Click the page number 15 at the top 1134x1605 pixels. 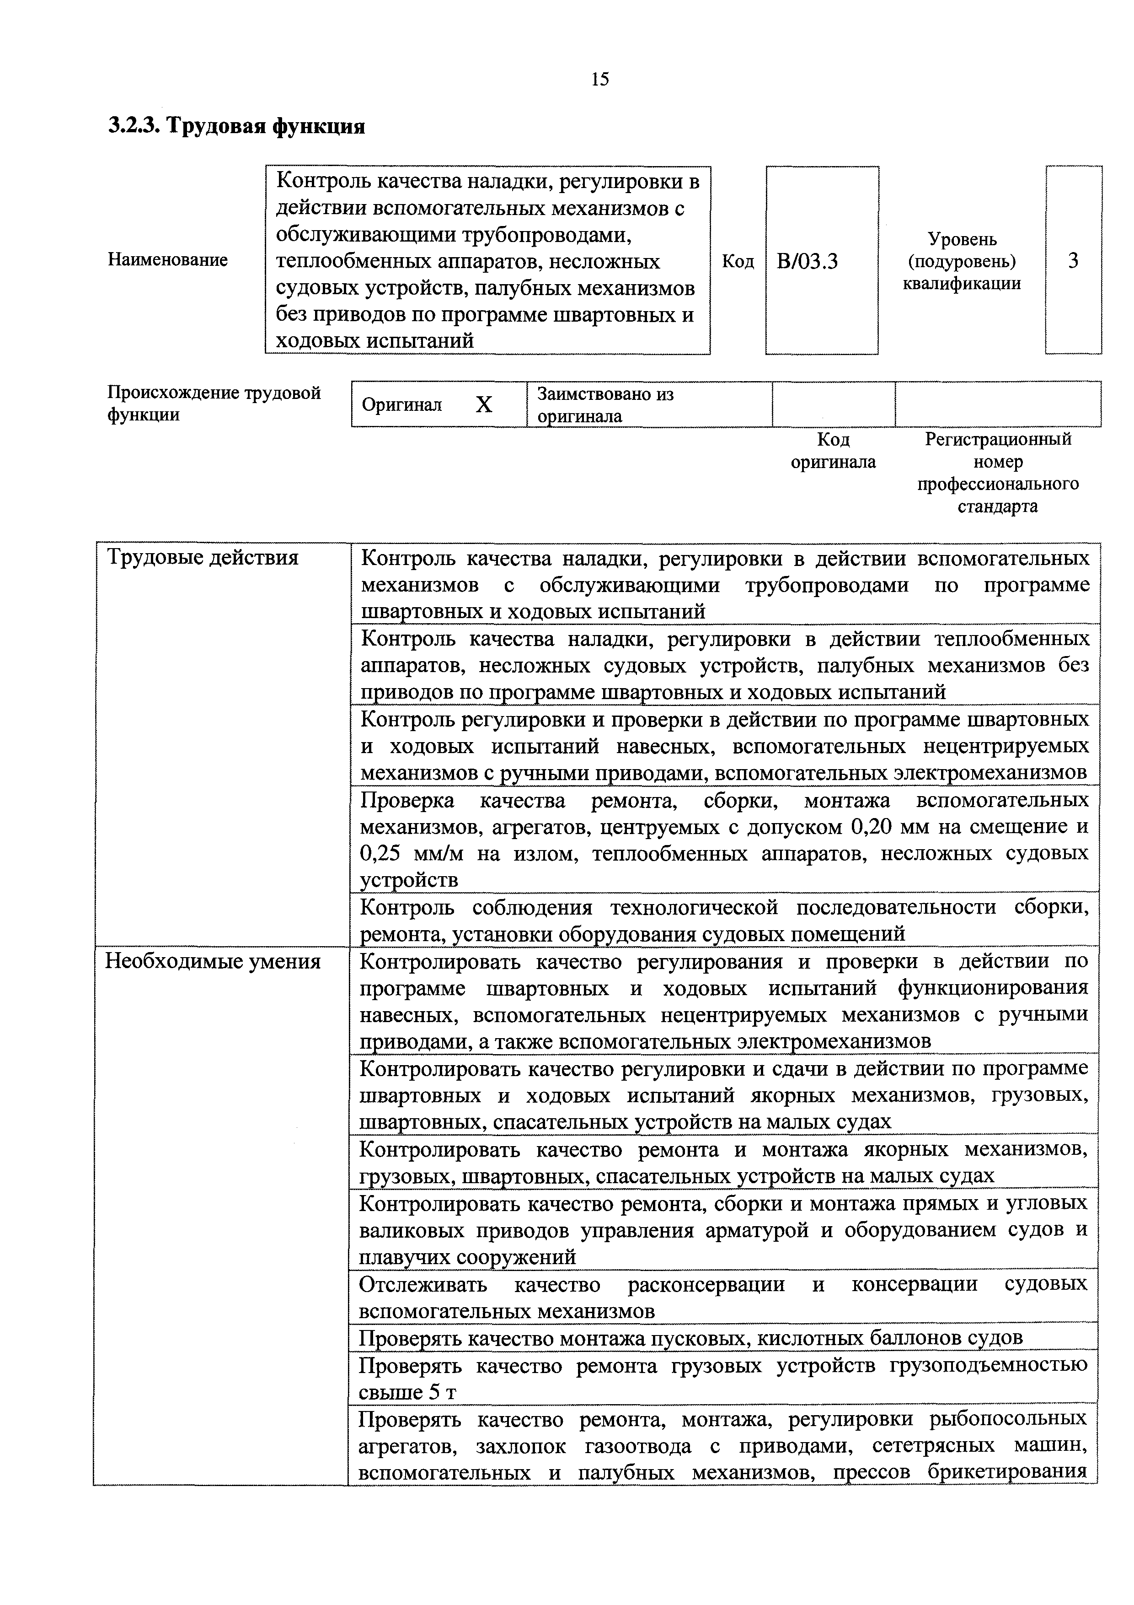click(x=599, y=79)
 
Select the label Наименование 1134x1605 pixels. click(x=168, y=260)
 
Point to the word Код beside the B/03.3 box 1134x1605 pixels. click(x=738, y=261)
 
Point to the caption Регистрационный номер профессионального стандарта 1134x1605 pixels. click(x=997, y=473)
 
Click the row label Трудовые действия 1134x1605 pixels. click(x=202, y=558)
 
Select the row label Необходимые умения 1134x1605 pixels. click(x=213, y=962)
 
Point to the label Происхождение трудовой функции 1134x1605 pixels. click(x=213, y=404)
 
